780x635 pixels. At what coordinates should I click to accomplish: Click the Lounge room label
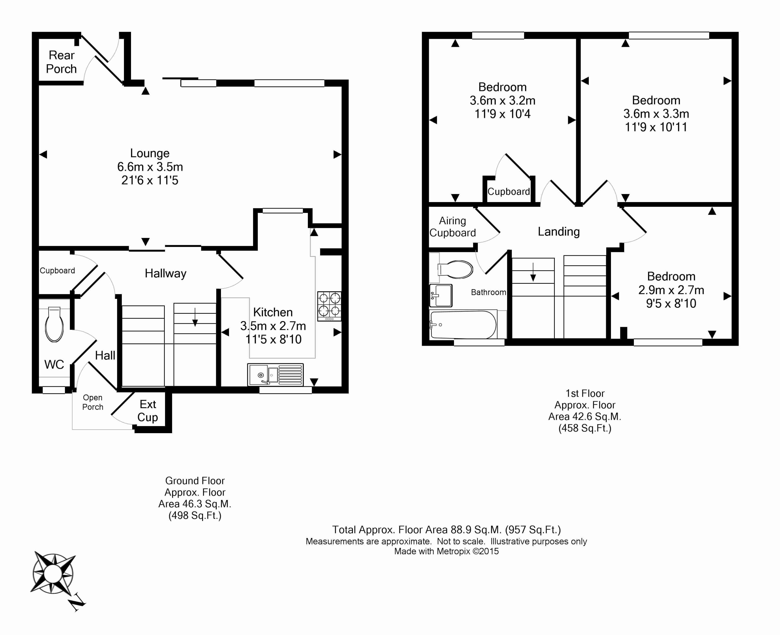click(x=150, y=153)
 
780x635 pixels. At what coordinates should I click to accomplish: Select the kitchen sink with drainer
click(x=275, y=374)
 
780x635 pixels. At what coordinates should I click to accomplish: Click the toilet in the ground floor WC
click(x=54, y=325)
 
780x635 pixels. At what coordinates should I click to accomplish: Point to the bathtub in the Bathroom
click(x=463, y=325)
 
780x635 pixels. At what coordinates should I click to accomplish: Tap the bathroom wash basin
click(x=441, y=295)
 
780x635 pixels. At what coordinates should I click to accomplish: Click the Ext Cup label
click(x=148, y=411)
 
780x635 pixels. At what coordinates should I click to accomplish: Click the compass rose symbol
click(x=53, y=573)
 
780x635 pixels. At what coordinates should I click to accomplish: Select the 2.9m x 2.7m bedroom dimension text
click(x=671, y=290)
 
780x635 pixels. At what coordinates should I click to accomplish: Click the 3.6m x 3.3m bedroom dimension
click(x=656, y=114)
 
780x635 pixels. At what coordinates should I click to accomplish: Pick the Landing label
click(x=558, y=232)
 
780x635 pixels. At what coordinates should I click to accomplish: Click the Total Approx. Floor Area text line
click(x=446, y=530)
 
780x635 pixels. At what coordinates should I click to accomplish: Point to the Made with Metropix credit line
click(x=446, y=551)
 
